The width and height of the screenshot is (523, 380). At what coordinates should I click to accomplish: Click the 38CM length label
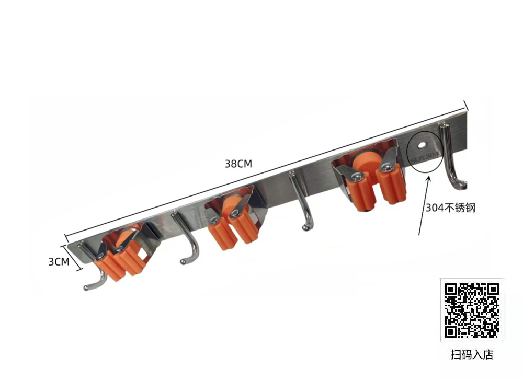coord(238,164)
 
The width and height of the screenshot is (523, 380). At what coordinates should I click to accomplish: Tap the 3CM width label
coord(59,262)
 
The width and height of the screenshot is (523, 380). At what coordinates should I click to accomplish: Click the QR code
coord(472,310)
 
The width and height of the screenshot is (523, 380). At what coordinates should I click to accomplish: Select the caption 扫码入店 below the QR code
coord(472,354)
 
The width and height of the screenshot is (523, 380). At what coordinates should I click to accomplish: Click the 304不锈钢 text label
coord(450,208)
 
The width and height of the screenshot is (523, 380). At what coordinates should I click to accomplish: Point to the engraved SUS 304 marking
coord(424,157)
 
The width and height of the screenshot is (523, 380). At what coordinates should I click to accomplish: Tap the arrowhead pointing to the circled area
coord(429,180)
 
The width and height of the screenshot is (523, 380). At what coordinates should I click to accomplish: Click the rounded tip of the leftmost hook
coord(86,287)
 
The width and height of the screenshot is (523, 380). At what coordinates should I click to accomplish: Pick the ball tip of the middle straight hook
coord(305,228)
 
